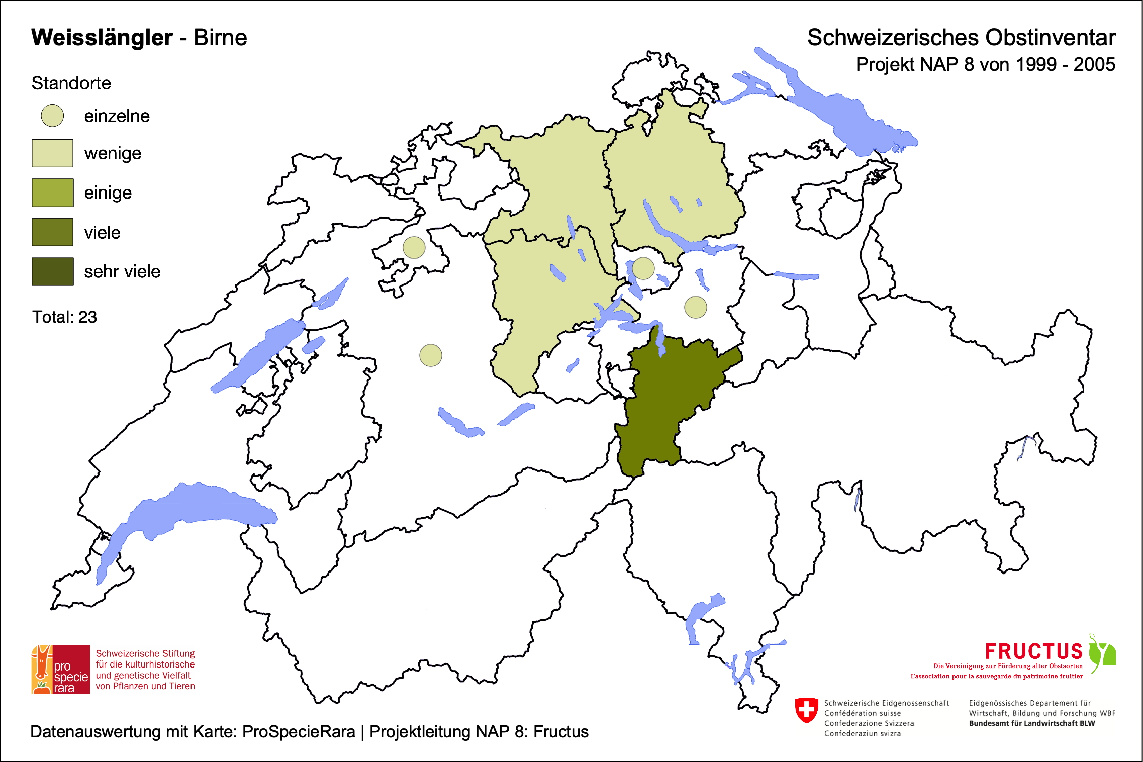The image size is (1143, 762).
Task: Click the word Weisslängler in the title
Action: (x=102, y=38)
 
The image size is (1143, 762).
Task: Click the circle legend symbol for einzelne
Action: (x=52, y=116)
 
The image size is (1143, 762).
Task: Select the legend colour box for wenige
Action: (x=52, y=153)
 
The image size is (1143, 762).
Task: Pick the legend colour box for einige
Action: (x=52, y=193)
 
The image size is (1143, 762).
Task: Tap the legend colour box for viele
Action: (x=52, y=232)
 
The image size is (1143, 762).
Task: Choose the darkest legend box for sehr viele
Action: (x=52, y=271)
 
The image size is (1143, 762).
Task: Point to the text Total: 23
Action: (x=64, y=317)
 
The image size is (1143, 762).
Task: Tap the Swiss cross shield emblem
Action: (x=806, y=710)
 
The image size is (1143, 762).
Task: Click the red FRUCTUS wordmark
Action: (x=1033, y=651)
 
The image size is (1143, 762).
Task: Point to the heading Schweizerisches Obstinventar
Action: (x=961, y=38)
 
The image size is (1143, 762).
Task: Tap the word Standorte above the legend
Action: (x=71, y=83)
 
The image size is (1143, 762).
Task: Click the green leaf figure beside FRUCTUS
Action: (x=1102, y=653)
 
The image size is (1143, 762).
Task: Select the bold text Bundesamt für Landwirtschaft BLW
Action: (x=1031, y=723)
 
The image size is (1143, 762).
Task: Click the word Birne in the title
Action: (x=220, y=38)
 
